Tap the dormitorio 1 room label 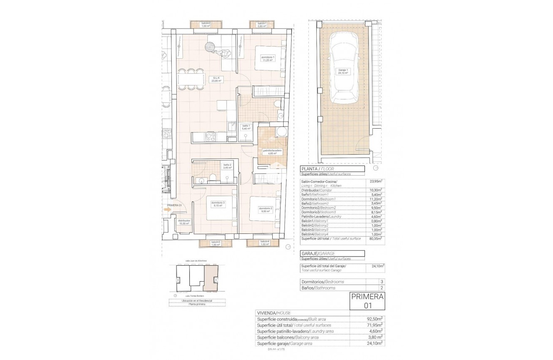[x=268, y=59]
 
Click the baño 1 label [x=246, y=127]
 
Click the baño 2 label [x=227, y=166]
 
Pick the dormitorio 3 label [x=218, y=204]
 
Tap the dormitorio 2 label [x=266, y=210]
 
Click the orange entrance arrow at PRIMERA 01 [x=168, y=211]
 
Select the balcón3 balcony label [x=215, y=243]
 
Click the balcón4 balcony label [x=264, y=243]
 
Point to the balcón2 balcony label [x=205, y=24]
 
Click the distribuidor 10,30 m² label [x=184, y=222]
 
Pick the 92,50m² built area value [x=375, y=319]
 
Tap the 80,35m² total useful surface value [x=375, y=238]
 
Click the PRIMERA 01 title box [x=367, y=301]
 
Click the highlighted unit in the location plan [x=208, y=279]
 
